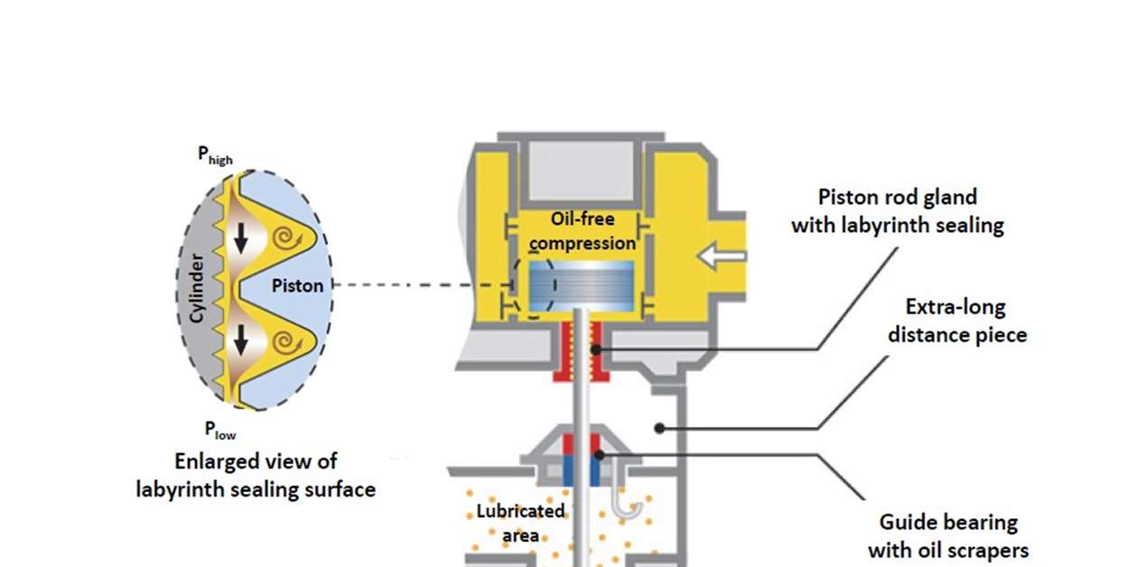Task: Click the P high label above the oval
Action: (215, 155)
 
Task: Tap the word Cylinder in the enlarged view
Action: (197, 288)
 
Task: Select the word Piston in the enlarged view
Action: (297, 285)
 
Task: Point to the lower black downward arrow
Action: (240, 340)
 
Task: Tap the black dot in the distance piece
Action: (661, 427)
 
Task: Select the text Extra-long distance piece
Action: (956, 320)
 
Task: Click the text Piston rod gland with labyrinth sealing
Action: (897, 210)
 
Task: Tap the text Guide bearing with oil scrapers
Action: (947, 535)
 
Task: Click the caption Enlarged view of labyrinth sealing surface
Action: (256, 475)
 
